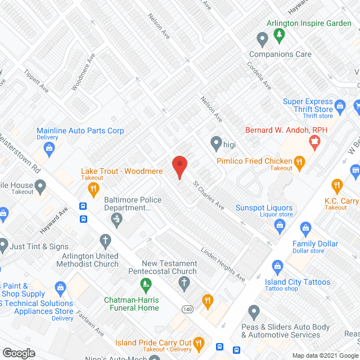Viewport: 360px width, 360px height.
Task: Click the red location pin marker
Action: pos(179,166)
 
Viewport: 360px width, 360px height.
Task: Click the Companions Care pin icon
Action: pos(262,39)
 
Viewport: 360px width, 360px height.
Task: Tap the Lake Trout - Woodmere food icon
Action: pos(93,188)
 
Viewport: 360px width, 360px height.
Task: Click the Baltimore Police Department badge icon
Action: pos(118,218)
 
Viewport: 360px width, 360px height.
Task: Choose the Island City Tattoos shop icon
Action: pos(277,265)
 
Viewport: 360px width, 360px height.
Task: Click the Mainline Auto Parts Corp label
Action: pos(80,130)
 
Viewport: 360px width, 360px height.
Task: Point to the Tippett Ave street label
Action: pos(37,82)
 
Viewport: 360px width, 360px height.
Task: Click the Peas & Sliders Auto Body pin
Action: pos(254,310)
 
